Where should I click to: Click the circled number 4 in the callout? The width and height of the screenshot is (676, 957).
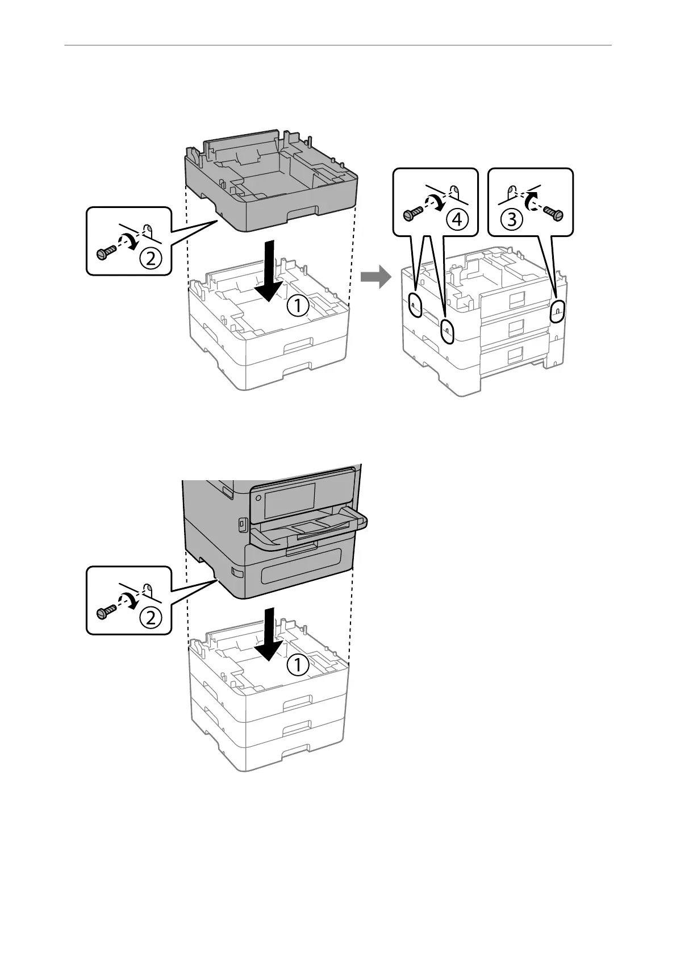coord(457,219)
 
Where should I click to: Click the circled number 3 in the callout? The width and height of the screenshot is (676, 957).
coord(512,219)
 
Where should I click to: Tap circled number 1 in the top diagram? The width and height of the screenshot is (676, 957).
coord(298,307)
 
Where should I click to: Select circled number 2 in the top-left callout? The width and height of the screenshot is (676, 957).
coord(151,259)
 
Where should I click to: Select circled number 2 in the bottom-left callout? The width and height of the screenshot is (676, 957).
coord(151,618)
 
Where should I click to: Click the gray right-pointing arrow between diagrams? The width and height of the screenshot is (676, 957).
coord(375,278)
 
